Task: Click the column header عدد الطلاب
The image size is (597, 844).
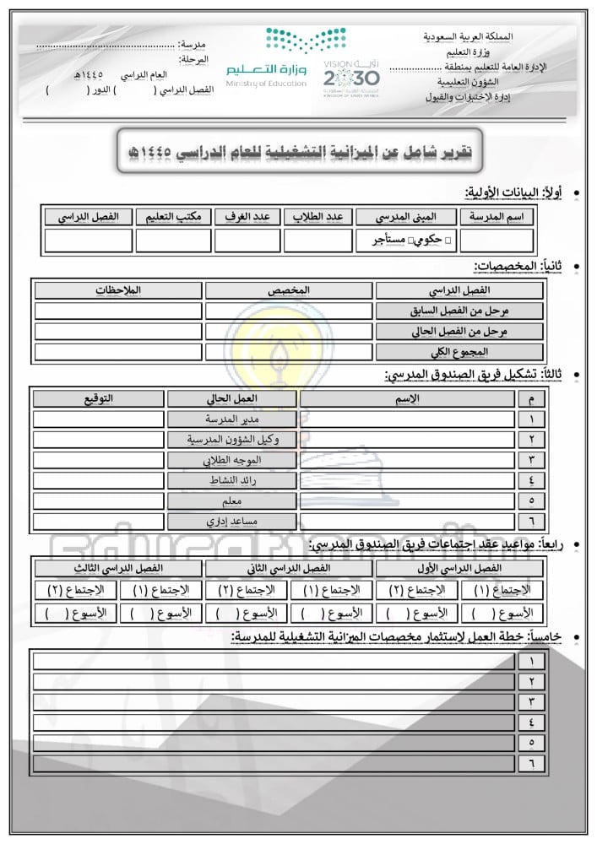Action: tap(317, 217)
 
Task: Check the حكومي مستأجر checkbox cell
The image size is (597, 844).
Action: tap(406, 241)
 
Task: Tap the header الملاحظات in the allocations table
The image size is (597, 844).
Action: tap(118, 290)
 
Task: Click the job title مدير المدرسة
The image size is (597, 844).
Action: tap(232, 419)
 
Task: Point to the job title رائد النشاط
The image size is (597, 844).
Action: tap(232, 480)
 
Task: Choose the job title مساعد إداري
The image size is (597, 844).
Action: tap(232, 522)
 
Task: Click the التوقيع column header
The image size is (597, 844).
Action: tap(100, 398)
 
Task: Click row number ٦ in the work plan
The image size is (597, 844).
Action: tap(531, 762)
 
